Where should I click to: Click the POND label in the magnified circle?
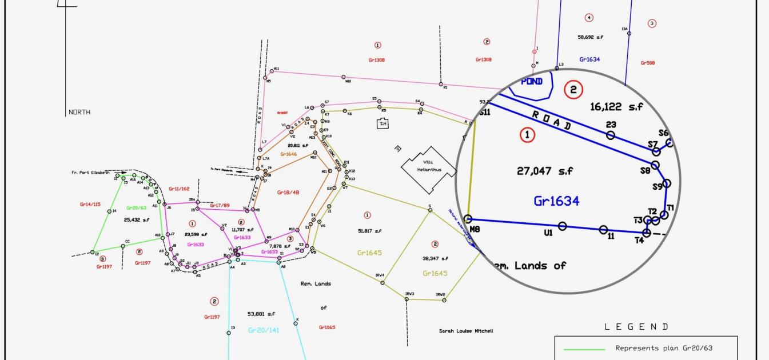click(x=532, y=81)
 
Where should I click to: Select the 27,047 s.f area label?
click(x=545, y=170)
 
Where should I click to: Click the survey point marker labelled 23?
click(x=611, y=135)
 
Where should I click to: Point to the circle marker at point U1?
click(x=562, y=226)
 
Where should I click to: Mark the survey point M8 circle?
click(x=468, y=219)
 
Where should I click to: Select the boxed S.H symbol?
click(x=383, y=123)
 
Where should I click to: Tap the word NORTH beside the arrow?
click(x=79, y=112)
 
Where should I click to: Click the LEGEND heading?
click(x=636, y=327)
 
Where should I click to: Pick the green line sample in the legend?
click(x=584, y=349)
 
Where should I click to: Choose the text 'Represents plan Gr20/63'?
click(x=664, y=348)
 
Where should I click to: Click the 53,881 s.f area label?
click(x=261, y=314)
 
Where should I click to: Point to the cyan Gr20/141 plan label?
click(x=264, y=330)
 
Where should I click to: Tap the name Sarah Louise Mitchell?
click(x=465, y=331)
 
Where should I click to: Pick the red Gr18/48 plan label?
click(x=288, y=192)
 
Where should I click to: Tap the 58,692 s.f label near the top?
click(x=590, y=37)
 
